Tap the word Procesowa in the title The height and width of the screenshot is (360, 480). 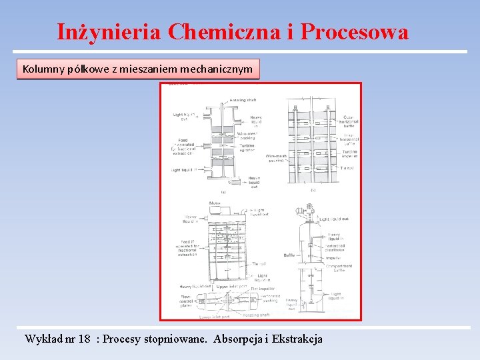pyautogui.click(x=355, y=31)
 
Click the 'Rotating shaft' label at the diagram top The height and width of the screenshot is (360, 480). pyautogui.click(x=243, y=100)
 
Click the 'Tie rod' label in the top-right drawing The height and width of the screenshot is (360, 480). pyautogui.click(x=347, y=168)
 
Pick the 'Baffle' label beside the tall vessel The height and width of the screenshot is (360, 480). pyautogui.click(x=289, y=255)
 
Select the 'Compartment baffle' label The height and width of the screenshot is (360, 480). pyautogui.click(x=339, y=268)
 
